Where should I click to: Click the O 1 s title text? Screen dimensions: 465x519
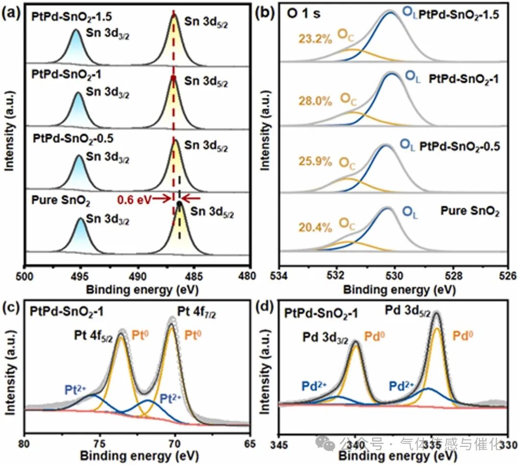pos(304,14)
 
